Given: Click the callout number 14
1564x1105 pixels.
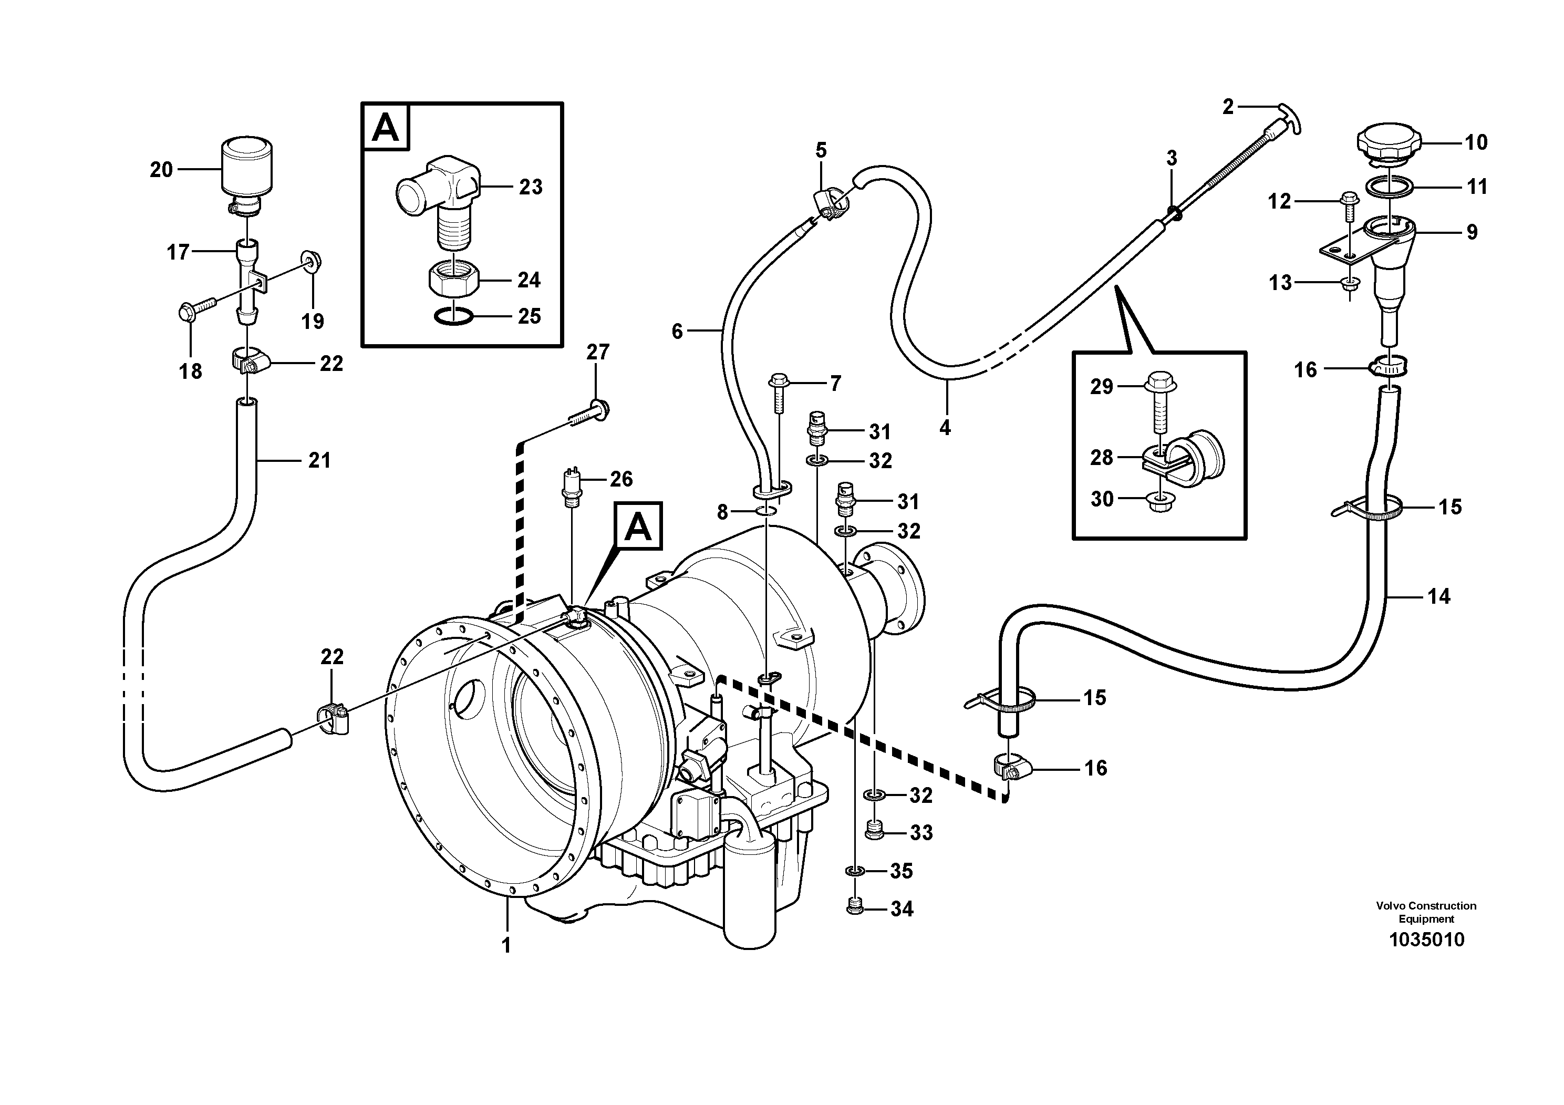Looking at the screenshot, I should [x=1438, y=597].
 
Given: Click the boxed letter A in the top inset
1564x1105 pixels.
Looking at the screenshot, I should [x=386, y=127].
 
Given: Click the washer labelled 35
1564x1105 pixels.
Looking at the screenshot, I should [x=855, y=871].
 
